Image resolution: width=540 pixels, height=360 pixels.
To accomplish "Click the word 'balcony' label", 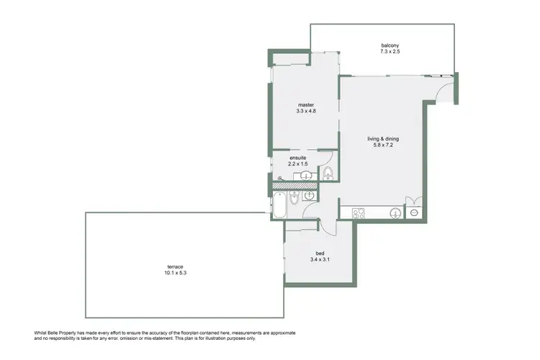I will [x=390, y=45].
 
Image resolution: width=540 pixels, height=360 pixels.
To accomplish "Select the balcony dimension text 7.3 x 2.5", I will [x=390, y=52].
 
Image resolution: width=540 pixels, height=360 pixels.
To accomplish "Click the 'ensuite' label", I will [x=297, y=157].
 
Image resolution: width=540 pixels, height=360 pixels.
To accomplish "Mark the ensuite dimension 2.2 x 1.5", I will [x=297, y=164].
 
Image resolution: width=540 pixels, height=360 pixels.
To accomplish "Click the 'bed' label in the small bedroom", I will [x=320, y=253].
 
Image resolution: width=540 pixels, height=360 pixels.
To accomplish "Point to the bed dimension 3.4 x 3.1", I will [x=320, y=260].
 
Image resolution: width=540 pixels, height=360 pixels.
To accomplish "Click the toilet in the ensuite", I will [x=328, y=172].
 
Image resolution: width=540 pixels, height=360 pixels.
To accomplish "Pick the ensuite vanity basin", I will [x=307, y=175].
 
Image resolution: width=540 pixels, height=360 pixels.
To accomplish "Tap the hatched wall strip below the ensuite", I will [x=294, y=185].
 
